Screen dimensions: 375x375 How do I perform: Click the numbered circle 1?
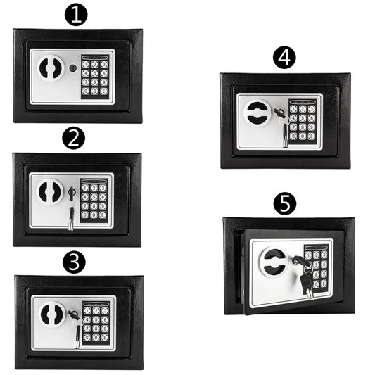(76, 14)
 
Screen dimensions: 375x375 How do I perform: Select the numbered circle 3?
(74, 262)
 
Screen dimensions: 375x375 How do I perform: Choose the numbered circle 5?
(285, 205)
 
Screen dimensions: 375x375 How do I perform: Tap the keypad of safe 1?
(94, 77)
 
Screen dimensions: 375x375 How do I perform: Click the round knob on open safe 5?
(272, 263)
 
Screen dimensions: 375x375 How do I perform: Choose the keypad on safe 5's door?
(317, 267)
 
